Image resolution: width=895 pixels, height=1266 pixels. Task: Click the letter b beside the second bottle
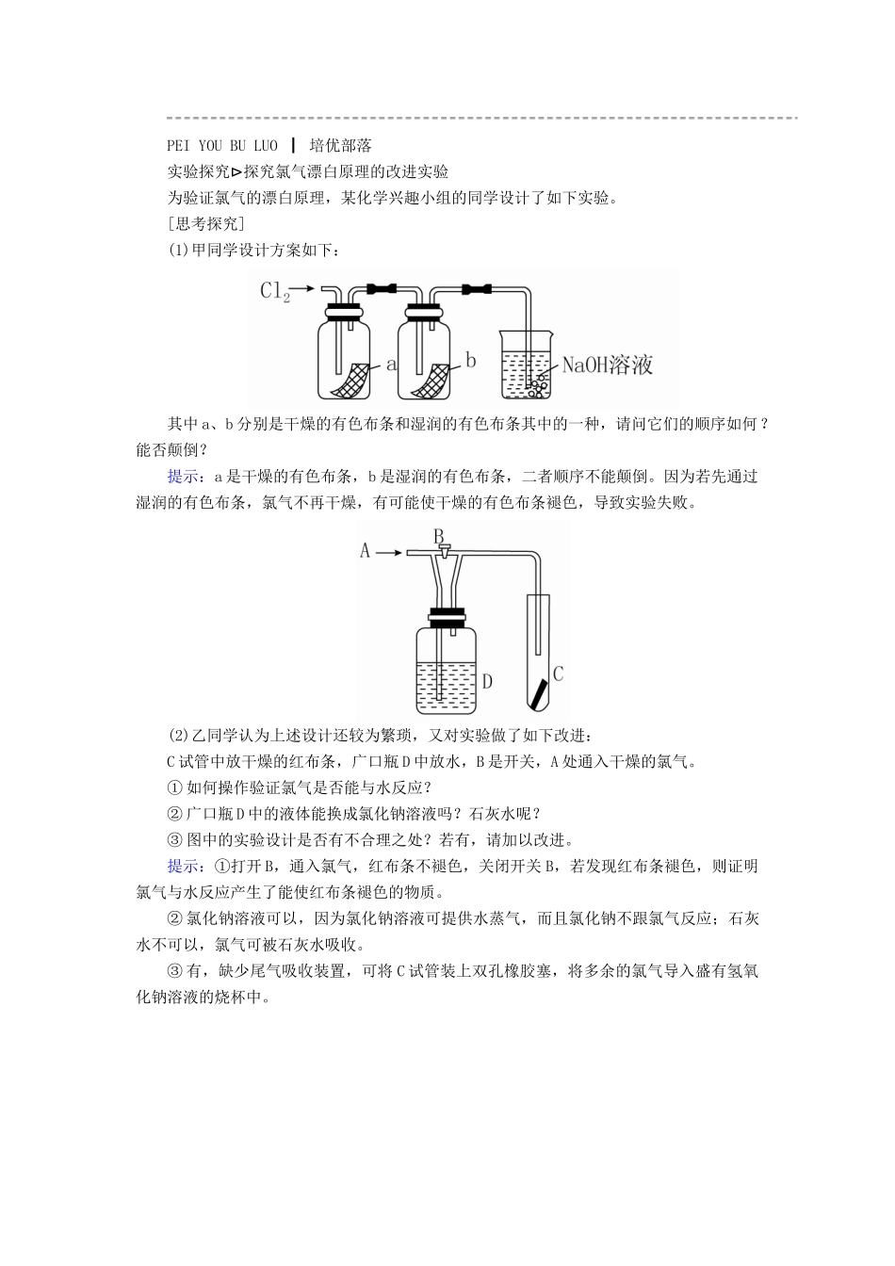click(x=471, y=361)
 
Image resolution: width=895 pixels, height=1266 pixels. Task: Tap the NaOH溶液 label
click(x=607, y=365)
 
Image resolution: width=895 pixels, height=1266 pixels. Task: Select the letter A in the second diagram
click(x=366, y=551)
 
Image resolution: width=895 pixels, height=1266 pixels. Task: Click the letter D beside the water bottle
click(x=487, y=680)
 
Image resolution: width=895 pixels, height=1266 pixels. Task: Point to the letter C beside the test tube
click(x=558, y=674)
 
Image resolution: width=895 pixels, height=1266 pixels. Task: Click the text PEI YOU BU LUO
click(x=222, y=145)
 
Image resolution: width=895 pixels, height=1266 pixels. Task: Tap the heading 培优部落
click(x=340, y=145)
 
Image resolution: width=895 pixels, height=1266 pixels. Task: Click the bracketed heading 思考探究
click(x=204, y=224)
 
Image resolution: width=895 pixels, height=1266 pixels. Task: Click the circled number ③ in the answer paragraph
click(x=172, y=971)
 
